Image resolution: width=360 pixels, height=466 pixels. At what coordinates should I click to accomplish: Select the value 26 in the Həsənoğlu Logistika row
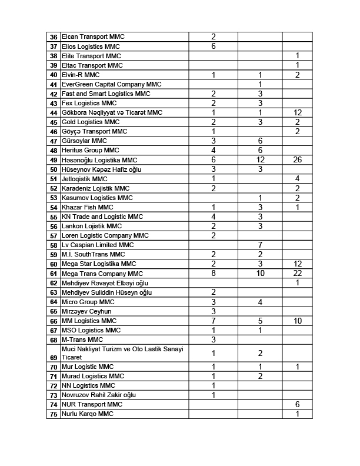coord(298,160)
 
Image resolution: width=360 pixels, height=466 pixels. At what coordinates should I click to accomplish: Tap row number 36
coord(54,37)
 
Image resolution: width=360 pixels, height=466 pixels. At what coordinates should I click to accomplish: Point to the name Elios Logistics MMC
coord(91,46)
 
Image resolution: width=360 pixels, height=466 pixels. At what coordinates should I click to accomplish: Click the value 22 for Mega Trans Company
coord(298,274)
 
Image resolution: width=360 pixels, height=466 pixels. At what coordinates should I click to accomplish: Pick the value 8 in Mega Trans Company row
coord(214,274)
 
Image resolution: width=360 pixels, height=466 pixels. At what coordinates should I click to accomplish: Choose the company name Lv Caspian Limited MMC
coord(98,245)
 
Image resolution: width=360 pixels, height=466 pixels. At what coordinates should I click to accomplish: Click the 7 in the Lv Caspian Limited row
coord(259,245)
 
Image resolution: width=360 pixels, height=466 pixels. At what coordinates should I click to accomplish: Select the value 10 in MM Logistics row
coord(298,321)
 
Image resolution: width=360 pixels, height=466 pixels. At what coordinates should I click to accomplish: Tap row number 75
coord(54,414)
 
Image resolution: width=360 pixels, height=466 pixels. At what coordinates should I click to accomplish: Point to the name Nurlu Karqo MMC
coord(88,414)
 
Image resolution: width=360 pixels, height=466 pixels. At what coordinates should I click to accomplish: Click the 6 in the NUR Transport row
coord(298,405)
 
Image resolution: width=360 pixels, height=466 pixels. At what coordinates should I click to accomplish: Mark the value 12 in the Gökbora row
coord(298,112)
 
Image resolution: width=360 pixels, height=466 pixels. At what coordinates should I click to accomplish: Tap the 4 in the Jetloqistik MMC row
coord(298,179)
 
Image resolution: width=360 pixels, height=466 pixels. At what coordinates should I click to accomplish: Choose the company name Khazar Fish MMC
coord(87,207)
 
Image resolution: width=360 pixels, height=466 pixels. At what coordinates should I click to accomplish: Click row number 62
coord(54,283)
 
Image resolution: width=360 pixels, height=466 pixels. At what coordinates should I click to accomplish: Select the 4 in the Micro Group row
coord(259,302)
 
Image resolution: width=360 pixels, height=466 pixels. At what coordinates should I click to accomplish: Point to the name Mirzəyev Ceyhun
coord(86,311)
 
